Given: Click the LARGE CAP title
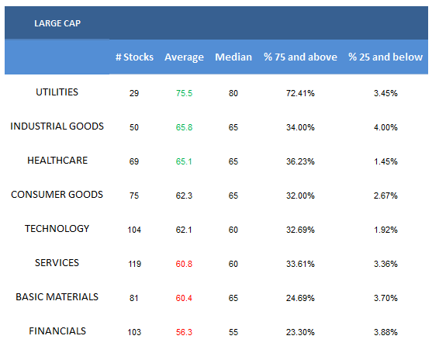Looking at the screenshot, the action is pos(57,23).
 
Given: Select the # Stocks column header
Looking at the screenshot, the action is pos(134,57).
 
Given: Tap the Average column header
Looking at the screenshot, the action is pos(184,57).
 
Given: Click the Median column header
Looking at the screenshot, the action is pos(233,57).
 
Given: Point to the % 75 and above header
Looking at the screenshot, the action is pos(300,57).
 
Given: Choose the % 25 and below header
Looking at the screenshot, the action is pos(385,57).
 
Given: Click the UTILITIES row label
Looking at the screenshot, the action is pos(57,92).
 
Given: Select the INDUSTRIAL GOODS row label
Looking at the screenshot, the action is pos(57,126).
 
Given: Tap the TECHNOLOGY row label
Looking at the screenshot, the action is pos(57,229).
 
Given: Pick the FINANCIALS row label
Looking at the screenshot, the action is pos(57,331).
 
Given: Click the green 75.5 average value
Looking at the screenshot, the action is pos(184,93).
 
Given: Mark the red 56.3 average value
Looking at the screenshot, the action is pos(184,332).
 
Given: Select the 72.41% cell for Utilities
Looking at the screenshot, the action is pos(300,93).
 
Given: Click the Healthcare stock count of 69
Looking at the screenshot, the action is pos(134,161).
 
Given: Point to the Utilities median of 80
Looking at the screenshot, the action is pos(233,93).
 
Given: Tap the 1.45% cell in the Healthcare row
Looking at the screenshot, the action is pos(385,161).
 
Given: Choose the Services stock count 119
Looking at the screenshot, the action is pos(134,264).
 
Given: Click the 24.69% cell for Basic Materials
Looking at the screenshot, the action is pos(300,298).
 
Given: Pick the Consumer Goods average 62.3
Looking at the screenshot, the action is pos(184,196).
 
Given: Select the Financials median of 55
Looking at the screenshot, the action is pos(233,332).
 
